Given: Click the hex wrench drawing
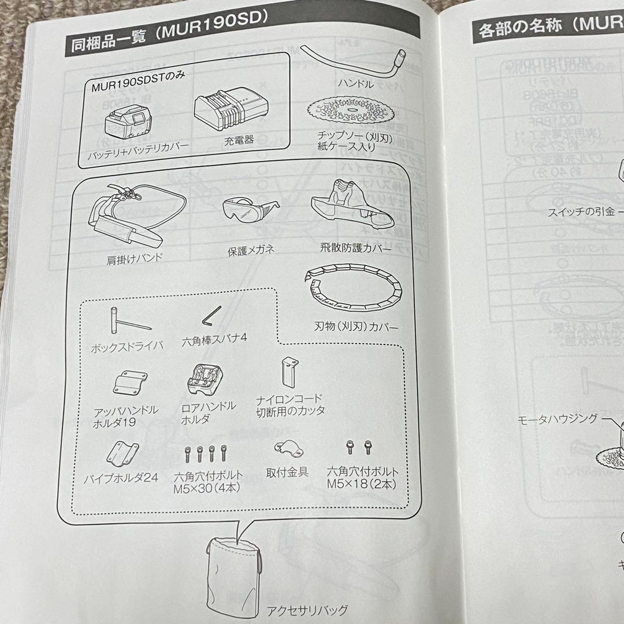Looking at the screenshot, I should [x=210, y=317].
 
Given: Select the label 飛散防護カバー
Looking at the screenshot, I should [x=355, y=248].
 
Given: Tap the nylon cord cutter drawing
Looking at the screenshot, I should [x=288, y=373].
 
